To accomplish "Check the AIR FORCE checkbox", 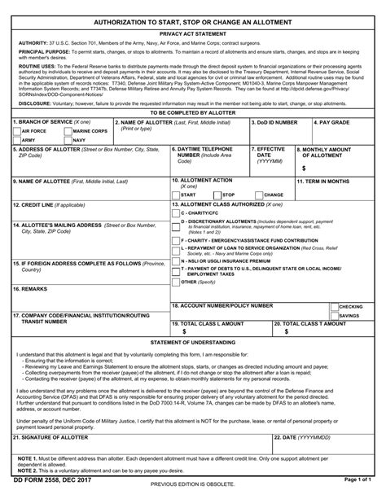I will click(x=17, y=130).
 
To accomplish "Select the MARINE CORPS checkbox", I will click(x=68, y=130).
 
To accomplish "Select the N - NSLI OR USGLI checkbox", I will click(x=175, y=260).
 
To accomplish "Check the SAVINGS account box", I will click(x=334, y=314).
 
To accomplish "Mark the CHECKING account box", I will click(x=334, y=306).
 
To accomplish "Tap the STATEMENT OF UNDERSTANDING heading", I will click(x=192, y=344).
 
